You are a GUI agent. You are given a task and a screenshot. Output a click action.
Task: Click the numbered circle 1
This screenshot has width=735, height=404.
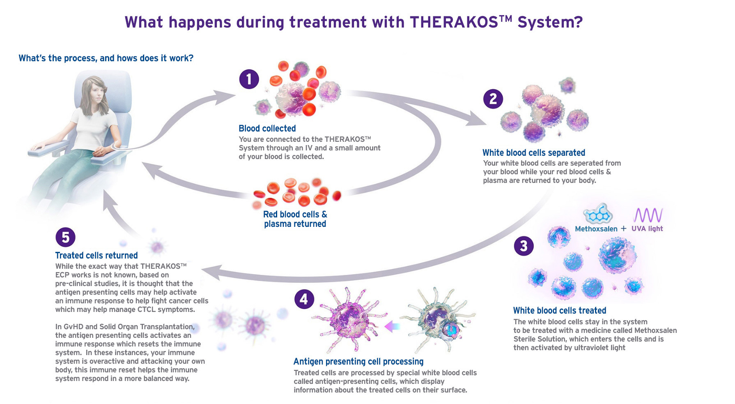(249, 79)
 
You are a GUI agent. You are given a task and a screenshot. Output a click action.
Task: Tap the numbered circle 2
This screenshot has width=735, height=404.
(493, 99)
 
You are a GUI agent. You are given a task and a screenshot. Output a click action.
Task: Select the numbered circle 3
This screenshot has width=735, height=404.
(524, 246)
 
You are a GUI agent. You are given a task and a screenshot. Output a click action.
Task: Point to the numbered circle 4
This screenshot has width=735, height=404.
(304, 299)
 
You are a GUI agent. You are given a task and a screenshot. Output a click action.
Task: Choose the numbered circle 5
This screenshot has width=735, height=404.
(65, 237)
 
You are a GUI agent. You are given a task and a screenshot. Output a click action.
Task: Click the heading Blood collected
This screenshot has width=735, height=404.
(267, 128)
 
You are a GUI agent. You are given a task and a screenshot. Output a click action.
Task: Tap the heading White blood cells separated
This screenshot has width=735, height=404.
(533, 152)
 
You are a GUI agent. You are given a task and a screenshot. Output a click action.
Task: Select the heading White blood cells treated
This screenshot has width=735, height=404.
(559, 310)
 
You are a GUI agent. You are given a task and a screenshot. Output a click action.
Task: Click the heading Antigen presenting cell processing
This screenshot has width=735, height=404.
(358, 361)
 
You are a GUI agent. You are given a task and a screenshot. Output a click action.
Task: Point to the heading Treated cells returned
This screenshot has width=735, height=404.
(96, 255)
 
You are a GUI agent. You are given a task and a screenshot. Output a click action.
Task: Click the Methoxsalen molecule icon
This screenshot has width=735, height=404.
(598, 213)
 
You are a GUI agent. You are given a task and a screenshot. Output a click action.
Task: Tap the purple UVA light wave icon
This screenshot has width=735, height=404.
(648, 215)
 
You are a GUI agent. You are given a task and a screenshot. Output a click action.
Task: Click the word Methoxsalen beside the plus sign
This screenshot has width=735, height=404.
(596, 229)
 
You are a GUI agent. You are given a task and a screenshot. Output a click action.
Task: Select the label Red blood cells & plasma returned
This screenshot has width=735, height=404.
(295, 219)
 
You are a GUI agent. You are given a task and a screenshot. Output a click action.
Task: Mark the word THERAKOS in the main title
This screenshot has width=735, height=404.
(454, 22)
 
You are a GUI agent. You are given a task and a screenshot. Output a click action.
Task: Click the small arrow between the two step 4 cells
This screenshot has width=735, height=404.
(392, 326)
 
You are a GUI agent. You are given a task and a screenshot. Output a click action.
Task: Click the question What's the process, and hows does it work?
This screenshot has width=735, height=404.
(106, 58)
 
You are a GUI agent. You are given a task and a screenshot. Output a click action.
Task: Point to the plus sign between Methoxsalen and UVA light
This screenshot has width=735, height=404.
(624, 229)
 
